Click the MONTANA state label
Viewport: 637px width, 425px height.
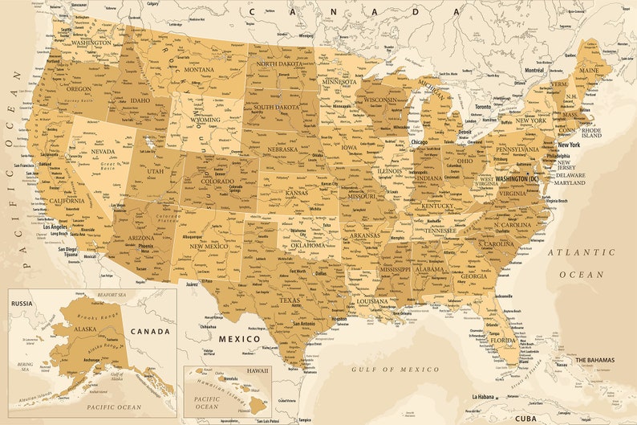click(x=199, y=70)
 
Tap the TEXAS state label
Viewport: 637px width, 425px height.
click(x=290, y=300)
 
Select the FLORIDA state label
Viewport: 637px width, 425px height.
click(x=502, y=340)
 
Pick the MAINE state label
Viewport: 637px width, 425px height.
click(x=589, y=71)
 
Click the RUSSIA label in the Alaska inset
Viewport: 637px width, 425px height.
click(x=21, y=304)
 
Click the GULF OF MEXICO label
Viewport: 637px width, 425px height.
click(x=396, y=369)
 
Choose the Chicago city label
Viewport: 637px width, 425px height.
click(x=420, y=142)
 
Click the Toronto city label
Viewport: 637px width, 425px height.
click(x=483, y=107)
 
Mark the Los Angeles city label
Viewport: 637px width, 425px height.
click(x=55, y=227)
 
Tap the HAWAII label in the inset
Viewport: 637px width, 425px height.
click(x=258, y=371)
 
